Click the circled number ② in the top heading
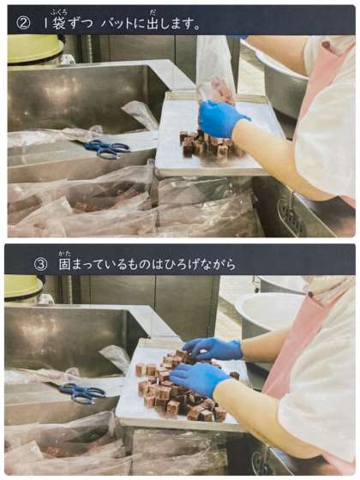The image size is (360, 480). coord(23,24)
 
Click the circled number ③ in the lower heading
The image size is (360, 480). coord(41,265)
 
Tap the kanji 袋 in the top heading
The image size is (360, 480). coord(58,23)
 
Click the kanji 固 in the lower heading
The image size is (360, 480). coord(65,265)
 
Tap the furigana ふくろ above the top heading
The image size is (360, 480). coord(58,13)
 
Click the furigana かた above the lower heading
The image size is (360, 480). coord(65,254)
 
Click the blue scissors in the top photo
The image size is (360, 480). coord(108,149)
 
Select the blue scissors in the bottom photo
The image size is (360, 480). coord(82,393)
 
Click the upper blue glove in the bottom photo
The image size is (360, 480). coord(213,348)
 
